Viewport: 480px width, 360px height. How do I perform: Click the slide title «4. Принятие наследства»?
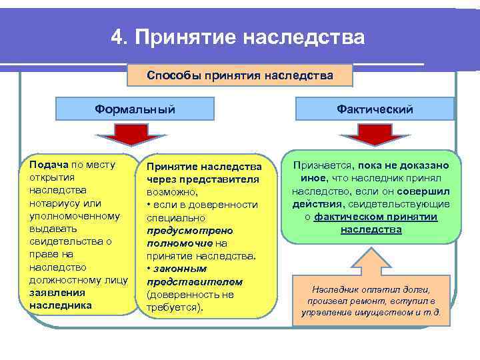[x=238, y=37]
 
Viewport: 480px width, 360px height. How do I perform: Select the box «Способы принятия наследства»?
[x=239, y=75]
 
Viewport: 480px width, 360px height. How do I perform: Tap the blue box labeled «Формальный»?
[x=134, y=109]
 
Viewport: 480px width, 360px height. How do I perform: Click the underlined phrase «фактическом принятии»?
[x=375, y=217]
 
